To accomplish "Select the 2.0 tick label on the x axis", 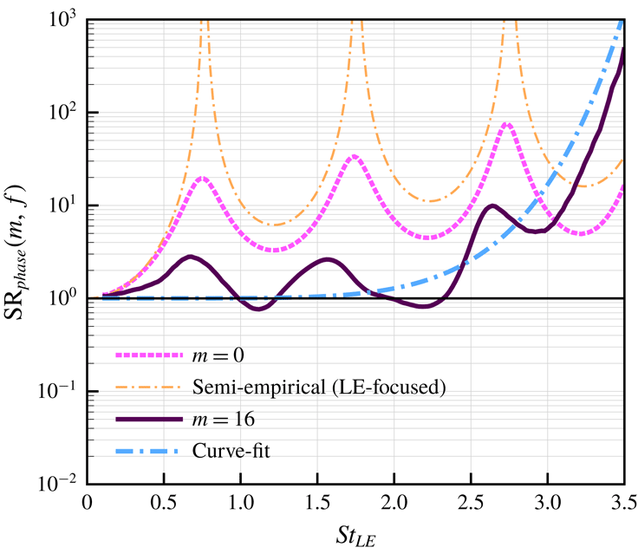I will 394,502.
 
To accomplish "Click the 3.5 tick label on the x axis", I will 623,502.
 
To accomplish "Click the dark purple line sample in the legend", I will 148,420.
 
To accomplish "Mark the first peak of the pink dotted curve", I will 202,178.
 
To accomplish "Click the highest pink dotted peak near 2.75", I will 507,124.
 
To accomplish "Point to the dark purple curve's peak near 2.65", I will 492,205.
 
